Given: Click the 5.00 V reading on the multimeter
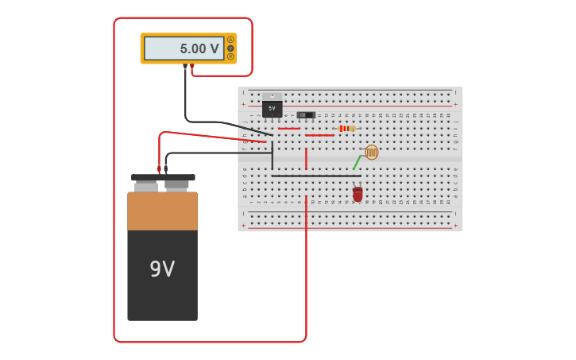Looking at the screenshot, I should pyautogui.click(x=199, y=48).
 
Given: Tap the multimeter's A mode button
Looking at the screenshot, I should pyautogui.click(x=230, y=40).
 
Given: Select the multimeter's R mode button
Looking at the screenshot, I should pyautogui.click(x=230, y=56).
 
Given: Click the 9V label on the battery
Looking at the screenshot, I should pyautogui.click(x=162, y=269).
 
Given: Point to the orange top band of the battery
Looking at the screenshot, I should pyautogui.click(x=162, y=211).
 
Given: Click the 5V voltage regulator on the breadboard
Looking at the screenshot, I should pyautogui.click(x=272, y=108).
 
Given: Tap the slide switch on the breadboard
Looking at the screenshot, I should pyautogui.click(x=306, y=115).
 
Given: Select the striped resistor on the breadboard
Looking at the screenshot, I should pyautogui.click(x=346, y=128).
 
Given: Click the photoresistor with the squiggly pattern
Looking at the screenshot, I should pyautogui.click(x=371, y=152).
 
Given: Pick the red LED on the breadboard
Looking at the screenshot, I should pyautogui.click(x=358, y=193).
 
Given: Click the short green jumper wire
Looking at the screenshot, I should pyautogui.click(x=357, y=162).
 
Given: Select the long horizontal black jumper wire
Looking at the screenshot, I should pyautogui.click(x=315, y=176).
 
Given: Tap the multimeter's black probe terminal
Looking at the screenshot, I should pyautogui.click(x=185, y=66).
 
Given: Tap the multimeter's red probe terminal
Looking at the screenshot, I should pyautogui.click(x=192, y=66).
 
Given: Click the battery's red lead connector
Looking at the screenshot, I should pyautogui.click(x=159, y=168).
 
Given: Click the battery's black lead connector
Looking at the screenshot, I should pyautogui.click(x=166, y=168).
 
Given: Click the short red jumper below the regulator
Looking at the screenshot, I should pyautogui.click(x=288, y=129).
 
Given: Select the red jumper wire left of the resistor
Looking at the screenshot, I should pyautogui.click(x=319, y=135).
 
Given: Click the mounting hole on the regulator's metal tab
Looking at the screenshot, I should pyautogui.click(x=272, y=96).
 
